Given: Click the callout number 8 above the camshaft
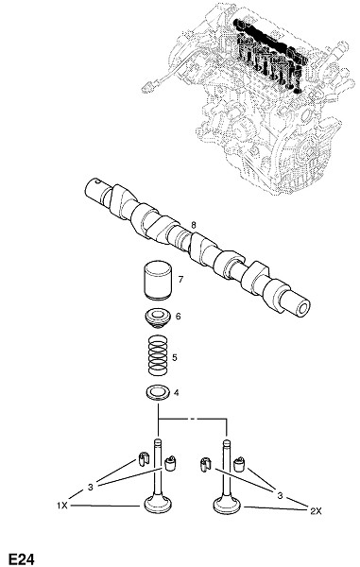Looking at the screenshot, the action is [194, 225].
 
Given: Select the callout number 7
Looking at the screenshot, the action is [180, 279].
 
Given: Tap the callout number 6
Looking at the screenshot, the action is [179, 317].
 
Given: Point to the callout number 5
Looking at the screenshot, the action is [175, 358].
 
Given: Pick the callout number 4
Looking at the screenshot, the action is [176, 392].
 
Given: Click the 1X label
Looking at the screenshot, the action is [62, 506].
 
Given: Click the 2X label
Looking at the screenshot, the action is [316, 511].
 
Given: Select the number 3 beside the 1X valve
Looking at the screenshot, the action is [91, 487].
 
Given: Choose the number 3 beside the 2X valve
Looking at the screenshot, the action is [280, 496].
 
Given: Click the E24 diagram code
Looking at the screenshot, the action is [22, 559].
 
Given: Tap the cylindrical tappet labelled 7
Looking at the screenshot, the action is [157, 280].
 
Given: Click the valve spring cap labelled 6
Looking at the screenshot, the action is [157, 318].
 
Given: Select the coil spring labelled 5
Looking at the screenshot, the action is [159, 356].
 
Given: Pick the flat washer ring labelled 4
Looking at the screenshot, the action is [157, 393].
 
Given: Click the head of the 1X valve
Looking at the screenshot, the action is [159, 505].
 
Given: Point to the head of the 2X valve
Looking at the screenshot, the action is [227, 505].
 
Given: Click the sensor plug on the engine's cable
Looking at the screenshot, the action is [147, 87].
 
